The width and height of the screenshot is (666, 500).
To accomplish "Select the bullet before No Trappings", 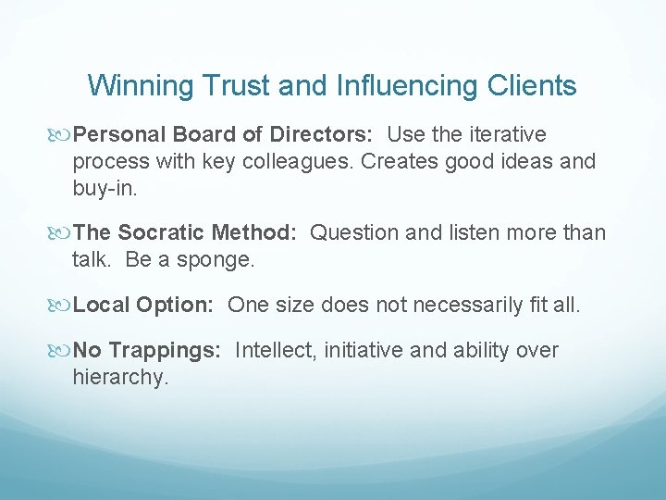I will (x=62, y=351).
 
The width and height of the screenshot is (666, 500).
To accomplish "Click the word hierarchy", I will (x=120, y=376).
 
